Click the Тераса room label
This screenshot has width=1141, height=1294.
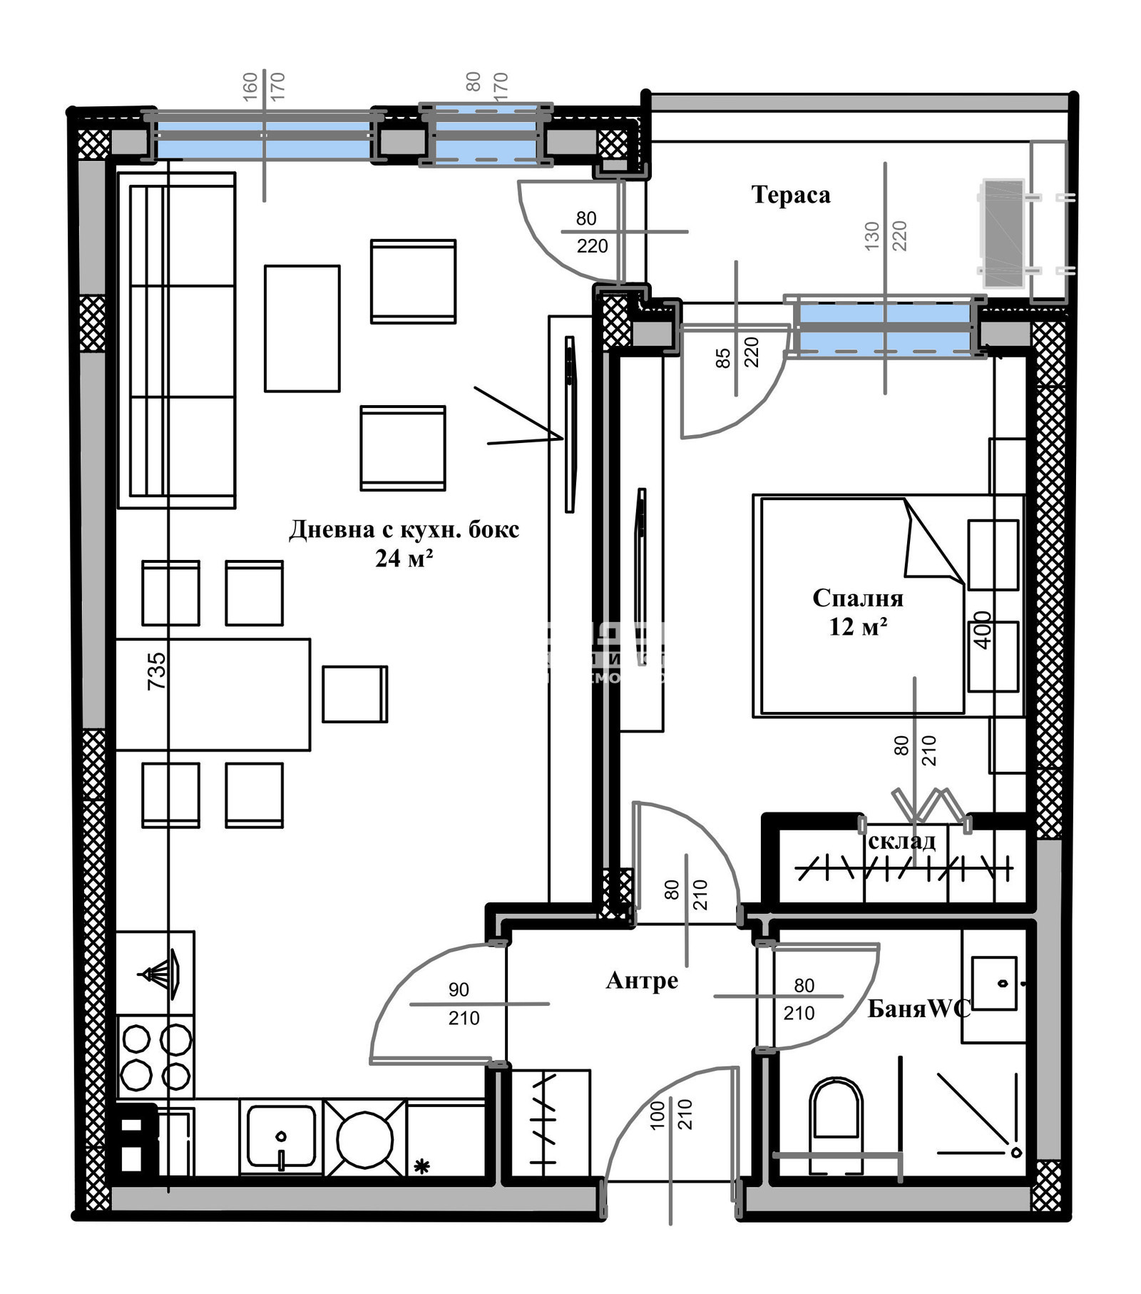(790, 195)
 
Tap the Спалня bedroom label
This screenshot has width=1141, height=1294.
(857, 598)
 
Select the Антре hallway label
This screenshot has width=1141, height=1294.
(641, 981)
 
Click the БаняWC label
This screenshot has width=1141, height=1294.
(919, 1008)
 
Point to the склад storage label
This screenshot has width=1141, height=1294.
(901, 841)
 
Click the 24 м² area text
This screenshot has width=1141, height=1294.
(404, 559)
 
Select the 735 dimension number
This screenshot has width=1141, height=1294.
(156, 671)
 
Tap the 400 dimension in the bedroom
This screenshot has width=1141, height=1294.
(983, 630)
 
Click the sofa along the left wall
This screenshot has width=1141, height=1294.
(176, 340)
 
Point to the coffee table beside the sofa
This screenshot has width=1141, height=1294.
(302, 328)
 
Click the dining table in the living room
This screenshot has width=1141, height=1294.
(213, 694)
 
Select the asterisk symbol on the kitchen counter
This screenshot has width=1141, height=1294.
(421, 1167)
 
